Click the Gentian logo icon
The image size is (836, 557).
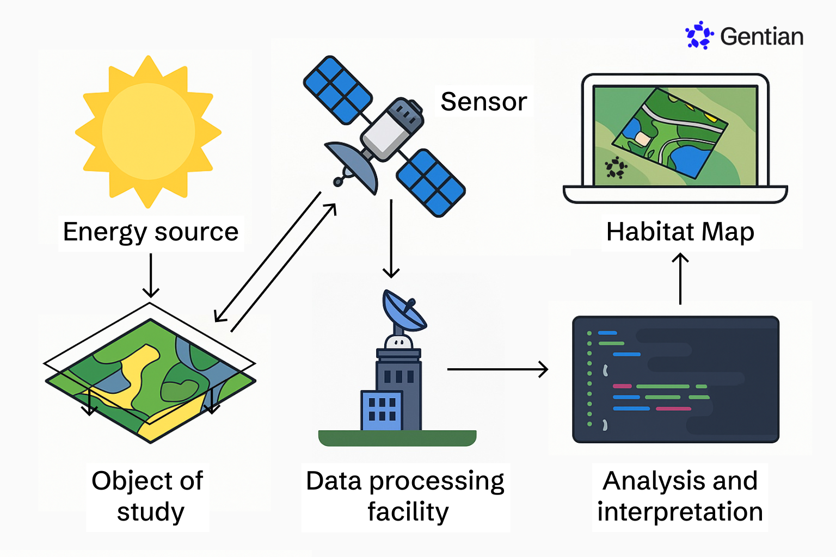tap(699, 35)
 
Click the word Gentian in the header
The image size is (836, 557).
tap(761, 37)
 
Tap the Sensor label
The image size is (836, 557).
tap(483, 102)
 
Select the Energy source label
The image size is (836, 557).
tap(150, 232)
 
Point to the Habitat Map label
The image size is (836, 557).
tap(680, 232)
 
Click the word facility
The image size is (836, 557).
tap(408, 512)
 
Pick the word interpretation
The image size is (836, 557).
tap(680, 512)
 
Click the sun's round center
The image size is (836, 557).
tap(148, 131)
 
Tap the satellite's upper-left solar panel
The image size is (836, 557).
tap(337, 90)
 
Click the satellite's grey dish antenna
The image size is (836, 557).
tap(354, 163)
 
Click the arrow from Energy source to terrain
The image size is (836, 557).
tap(150, 275)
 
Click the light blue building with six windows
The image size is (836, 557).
tap(382, 410)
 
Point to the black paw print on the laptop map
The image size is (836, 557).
tap(616, 168)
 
